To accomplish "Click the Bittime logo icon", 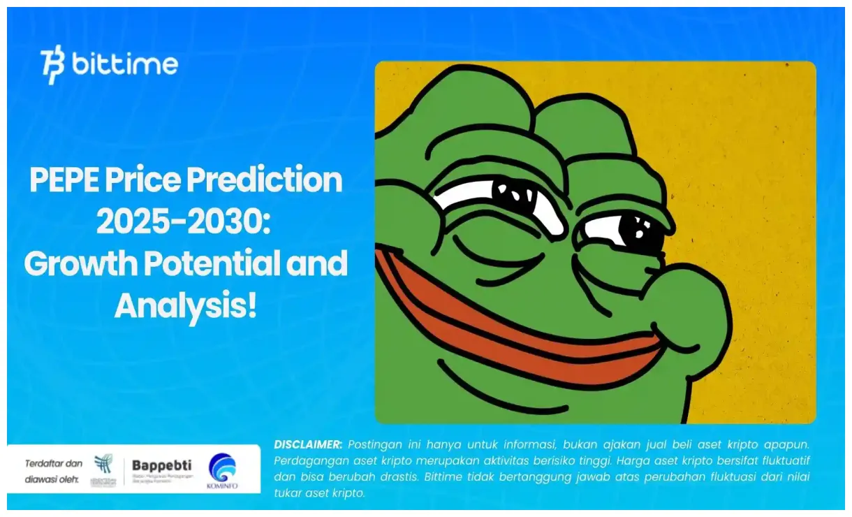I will coord(52,65).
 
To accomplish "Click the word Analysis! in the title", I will coord(185,305).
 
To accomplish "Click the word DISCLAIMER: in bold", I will coord(308,444).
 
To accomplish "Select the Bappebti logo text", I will coord(162,465).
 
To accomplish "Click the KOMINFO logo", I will coord(223,471).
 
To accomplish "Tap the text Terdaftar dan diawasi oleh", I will coord(54,472).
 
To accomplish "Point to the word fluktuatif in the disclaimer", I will coord(783,460).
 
